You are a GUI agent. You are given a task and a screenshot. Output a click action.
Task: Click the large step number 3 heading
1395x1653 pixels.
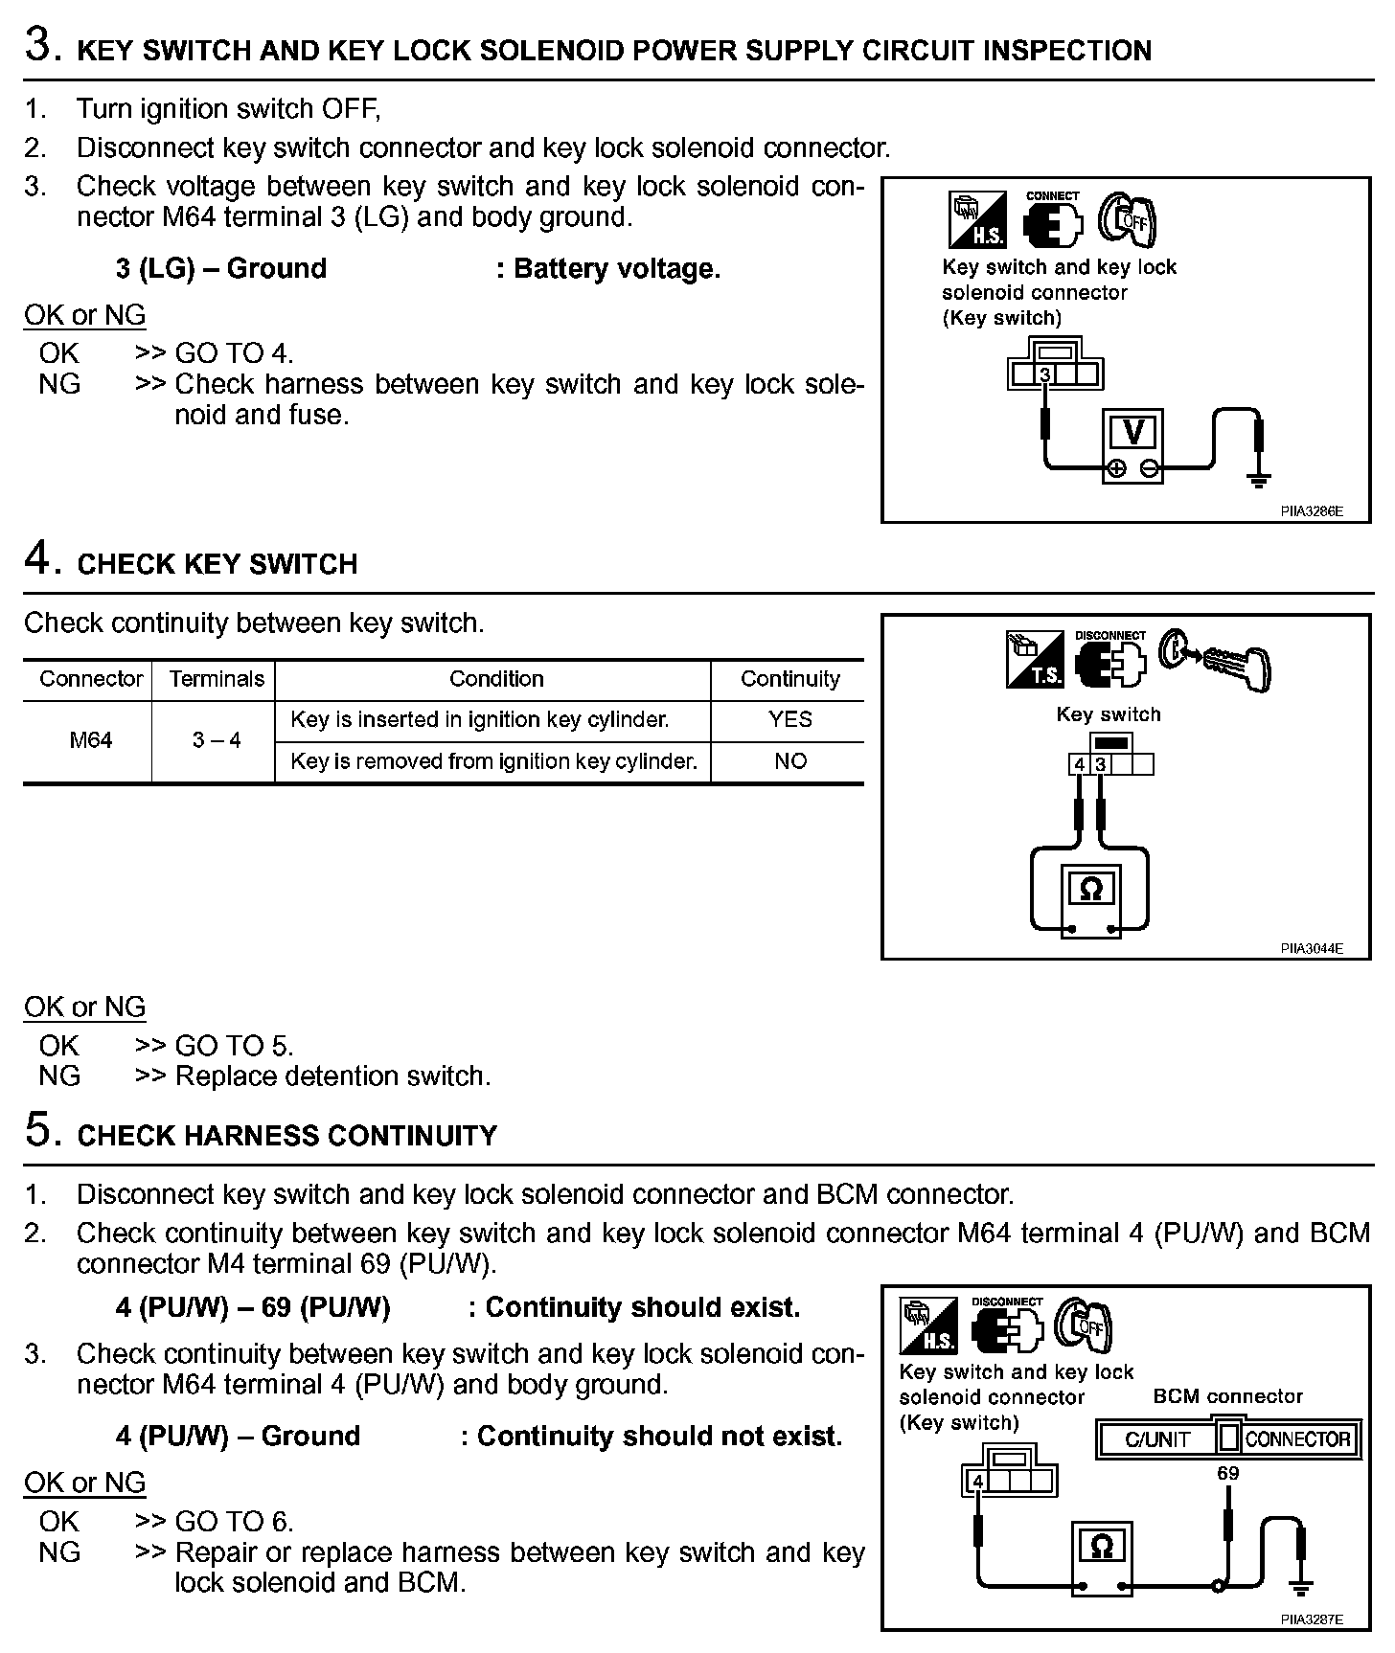[42, 46]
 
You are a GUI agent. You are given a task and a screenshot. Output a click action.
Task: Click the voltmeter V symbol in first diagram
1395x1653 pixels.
[1133, 434]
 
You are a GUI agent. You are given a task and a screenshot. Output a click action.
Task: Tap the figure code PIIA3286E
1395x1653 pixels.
[1311, 511]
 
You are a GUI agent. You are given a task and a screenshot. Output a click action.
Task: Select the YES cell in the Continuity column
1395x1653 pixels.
[789, 719]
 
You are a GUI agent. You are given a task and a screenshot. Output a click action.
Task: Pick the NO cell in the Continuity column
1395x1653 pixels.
[789, 761]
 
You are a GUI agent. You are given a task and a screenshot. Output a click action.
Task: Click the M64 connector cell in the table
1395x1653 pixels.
[90, 740]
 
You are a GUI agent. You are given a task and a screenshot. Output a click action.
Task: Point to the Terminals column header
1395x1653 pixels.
[217, 679]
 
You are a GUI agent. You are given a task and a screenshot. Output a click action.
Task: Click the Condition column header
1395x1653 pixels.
[496, 679]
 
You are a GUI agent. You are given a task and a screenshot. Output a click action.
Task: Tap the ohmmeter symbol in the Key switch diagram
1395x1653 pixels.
[1090, 890]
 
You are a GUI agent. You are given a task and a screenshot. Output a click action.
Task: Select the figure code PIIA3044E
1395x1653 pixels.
[1311, 949]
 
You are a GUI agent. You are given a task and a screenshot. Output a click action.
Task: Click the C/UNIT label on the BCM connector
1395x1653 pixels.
[1156, 1439]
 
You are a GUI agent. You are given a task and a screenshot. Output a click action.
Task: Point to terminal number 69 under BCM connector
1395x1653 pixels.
[1227, 1473]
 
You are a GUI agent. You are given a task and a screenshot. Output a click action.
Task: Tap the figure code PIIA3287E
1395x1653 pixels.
[1311, 1619]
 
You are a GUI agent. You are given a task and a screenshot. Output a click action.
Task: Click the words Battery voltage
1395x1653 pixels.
[616, 269]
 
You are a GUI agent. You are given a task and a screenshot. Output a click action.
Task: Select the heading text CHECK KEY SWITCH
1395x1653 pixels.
[217, 564]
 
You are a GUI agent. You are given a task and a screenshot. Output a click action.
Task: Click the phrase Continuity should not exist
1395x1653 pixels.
[659, 1437]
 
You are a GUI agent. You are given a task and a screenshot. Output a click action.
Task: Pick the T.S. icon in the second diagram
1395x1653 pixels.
[1035, 659]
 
